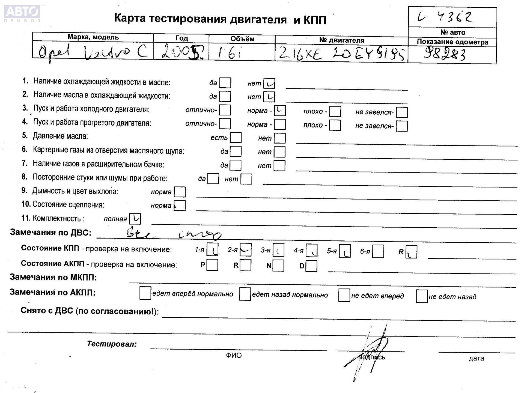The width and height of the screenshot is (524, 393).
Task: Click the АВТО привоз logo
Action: pyautogui.click(x=22, y=13)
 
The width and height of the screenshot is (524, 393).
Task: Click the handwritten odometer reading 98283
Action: pyautogui.click(x=445, y=54)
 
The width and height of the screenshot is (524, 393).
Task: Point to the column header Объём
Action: pyautogui.click(x=242, y=39)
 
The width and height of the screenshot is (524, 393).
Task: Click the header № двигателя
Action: pyautogui.click(x=341, y=40)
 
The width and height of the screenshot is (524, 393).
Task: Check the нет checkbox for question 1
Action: pyautogui.click(x=269, y=83)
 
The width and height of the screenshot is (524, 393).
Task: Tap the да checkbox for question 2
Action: pyautogui.click(x=225, y=96)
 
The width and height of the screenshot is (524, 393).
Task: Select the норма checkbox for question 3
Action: pyautogui.click(x=280, y=111)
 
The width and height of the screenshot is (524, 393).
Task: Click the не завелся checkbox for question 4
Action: pyautogui.click(x=401, y=126)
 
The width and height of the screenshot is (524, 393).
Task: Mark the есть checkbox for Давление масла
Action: pyautogui.click(x=236, y=138)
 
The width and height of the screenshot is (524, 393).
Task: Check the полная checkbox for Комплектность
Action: pyautogui.click(x=135, y=219)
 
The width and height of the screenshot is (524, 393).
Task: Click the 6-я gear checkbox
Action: pyautogui.click(x=378, y=251)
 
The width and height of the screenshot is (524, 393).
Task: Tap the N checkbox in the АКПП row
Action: pyautogui.click(x=278, y=265)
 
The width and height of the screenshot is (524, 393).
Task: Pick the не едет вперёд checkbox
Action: pyautogui.click(x=344, y=296)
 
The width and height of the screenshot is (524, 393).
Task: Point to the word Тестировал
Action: pyautogui.click(x=112, y=344)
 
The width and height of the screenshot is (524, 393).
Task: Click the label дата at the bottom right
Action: pyautogui.click(x=476, y=358)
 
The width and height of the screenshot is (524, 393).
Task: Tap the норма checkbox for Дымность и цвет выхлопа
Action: pyautogui.click(x=180, y=192)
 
